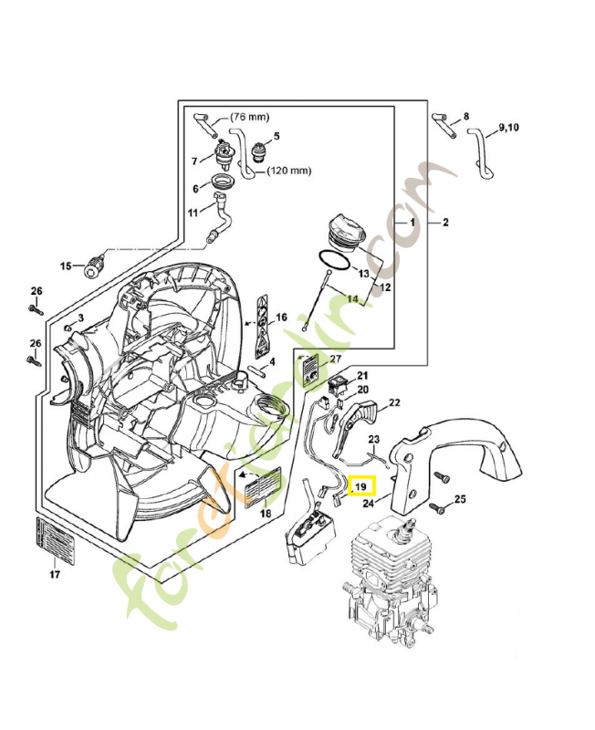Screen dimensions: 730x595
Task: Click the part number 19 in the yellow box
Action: pyautogui.click(x=360, y=487)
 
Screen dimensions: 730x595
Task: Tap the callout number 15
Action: pyautogui.click(x=66, y=266)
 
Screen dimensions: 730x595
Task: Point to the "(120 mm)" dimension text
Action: pyautogui.click(x=289, y=170)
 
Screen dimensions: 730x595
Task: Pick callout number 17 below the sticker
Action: pyautogui.click(x=54, y=575)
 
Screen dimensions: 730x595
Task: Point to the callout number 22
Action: pyautogui.click(x=394, y=402)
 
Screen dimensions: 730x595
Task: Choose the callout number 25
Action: pyautogui.click(x=460, y=499)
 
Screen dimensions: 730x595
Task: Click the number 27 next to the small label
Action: pyautogui.click(x=335, y=360)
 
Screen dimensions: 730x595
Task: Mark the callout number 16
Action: pyautogui.click(x=281, y=318)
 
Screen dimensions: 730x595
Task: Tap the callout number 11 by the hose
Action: pyautogui.click(x=193, y=213)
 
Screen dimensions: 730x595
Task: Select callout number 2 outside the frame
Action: pyautogui.click(x=445, y=223)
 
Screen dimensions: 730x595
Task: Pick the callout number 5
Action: pyautogui.click(x=277, y=137)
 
